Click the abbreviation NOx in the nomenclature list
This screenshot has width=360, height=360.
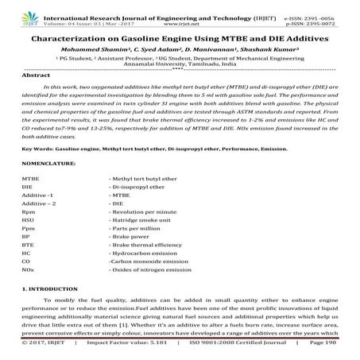click(28, 292)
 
